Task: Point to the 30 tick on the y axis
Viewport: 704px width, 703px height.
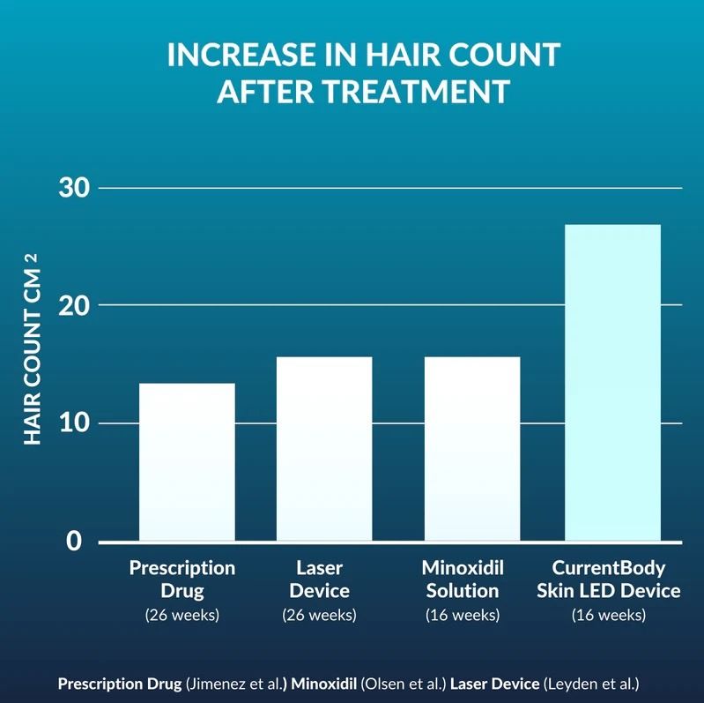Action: [x=72, y=188]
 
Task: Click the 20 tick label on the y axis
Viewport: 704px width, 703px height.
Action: [x=72, y=305]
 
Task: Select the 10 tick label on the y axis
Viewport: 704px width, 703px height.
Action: [x=72, y=423]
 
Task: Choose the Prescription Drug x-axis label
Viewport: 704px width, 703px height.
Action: [x=182, y=579]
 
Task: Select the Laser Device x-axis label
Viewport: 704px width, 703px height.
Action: [x=319, y=579]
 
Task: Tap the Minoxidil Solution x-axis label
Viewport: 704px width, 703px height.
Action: [x=463, y=579]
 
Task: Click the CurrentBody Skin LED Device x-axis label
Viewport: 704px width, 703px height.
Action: [x=609, y=579]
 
